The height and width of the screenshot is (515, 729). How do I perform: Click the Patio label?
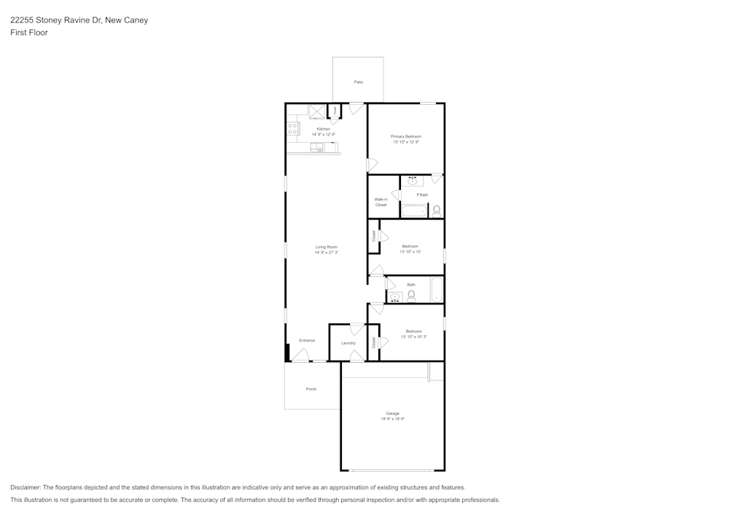(x=359, y=82)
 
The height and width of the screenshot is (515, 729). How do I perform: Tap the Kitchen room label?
(x=323, y=129)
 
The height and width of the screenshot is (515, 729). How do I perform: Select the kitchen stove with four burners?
(x=293, y=129)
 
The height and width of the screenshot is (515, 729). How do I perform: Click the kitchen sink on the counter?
(x=317, y=147)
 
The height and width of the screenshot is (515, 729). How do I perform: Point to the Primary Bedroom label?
(x=406, y=136)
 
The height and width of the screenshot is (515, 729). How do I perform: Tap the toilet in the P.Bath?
(x=436, y=211)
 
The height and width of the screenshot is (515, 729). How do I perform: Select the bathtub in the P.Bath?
(x=414, y=211)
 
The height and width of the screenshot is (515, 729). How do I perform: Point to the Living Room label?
(x=326, y=247)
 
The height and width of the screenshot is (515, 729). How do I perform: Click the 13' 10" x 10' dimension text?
(x=410, y=252)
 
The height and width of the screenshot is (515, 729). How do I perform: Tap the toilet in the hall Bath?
(x=411, y=295)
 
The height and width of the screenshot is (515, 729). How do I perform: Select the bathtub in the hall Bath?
(x=436, y=289)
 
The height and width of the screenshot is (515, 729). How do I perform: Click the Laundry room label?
(x=348, y=342)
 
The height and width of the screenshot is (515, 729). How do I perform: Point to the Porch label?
(x=311, y=389)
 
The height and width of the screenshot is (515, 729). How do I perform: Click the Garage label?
(x=392, y=413)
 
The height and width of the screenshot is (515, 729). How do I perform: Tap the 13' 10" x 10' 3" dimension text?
(x=413, y=337)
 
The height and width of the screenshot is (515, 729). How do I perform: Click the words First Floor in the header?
(x=29, y=33)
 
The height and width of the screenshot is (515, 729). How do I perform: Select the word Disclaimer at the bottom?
(x=26, y=487)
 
